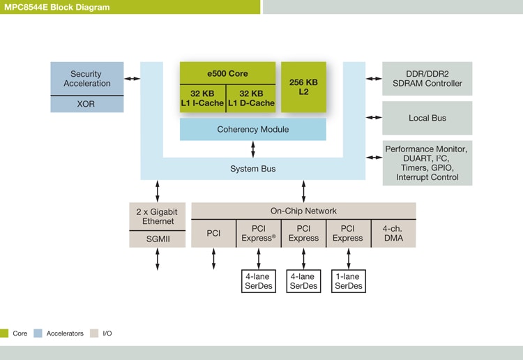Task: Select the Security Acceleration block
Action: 87,79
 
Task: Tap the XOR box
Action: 87,105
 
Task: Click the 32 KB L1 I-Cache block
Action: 202,98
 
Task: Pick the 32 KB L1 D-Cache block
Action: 251,98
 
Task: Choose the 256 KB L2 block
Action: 303,87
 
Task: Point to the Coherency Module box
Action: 252,129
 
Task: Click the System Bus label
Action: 252,169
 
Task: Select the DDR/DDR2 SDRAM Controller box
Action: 427,79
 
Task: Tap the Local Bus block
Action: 427,118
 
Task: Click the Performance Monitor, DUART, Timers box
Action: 427,163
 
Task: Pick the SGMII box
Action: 158,239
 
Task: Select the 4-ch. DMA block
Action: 393,233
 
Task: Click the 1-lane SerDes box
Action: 348,281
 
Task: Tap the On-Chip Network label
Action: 303,211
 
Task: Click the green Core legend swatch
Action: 4,333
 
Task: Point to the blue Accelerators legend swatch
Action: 38,333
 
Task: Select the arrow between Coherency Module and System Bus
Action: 252,149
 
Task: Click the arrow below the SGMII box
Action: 158,259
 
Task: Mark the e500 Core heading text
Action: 227,73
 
